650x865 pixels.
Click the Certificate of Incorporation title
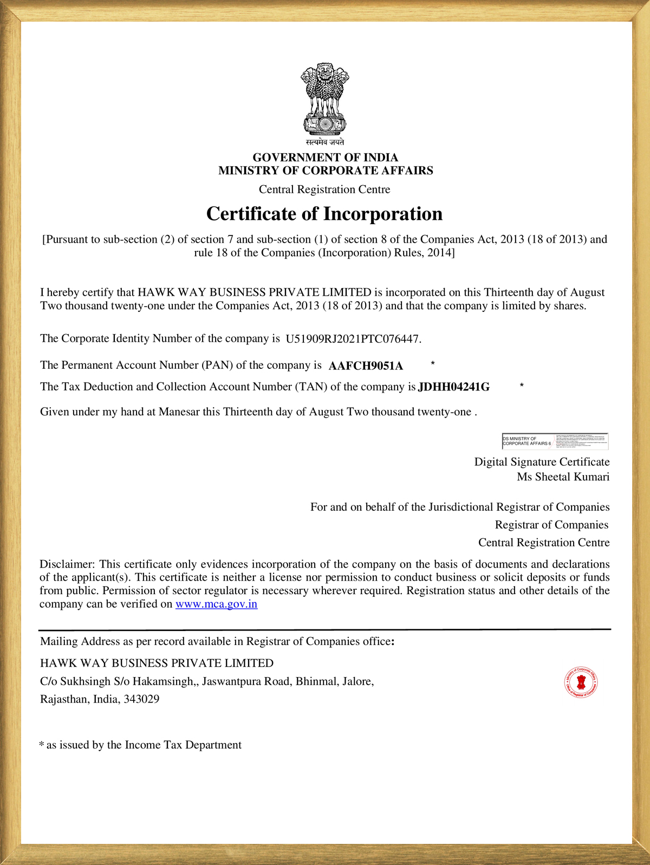[324, 214]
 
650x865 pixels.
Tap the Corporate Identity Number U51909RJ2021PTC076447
[353, 339]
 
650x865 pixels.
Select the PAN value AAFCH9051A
[366, 366]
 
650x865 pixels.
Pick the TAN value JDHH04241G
[454, 387]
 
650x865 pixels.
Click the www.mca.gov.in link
[216, 604]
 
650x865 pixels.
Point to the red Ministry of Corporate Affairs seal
[581, 682]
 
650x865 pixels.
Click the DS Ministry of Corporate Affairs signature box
[555, 441]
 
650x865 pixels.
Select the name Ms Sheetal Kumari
[563, 477]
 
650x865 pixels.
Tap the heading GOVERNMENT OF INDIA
[325, 158]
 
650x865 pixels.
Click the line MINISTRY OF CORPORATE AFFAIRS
[326, 171]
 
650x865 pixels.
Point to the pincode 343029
[141, 699]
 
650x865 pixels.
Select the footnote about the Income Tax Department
[141, 745]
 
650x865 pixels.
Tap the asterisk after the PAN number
[433, 363]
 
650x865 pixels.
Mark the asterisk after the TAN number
[522, 385]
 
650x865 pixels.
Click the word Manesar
[179, 412]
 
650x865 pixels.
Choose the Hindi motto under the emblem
[324, 142]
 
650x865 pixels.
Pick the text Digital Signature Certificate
[542, 462]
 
